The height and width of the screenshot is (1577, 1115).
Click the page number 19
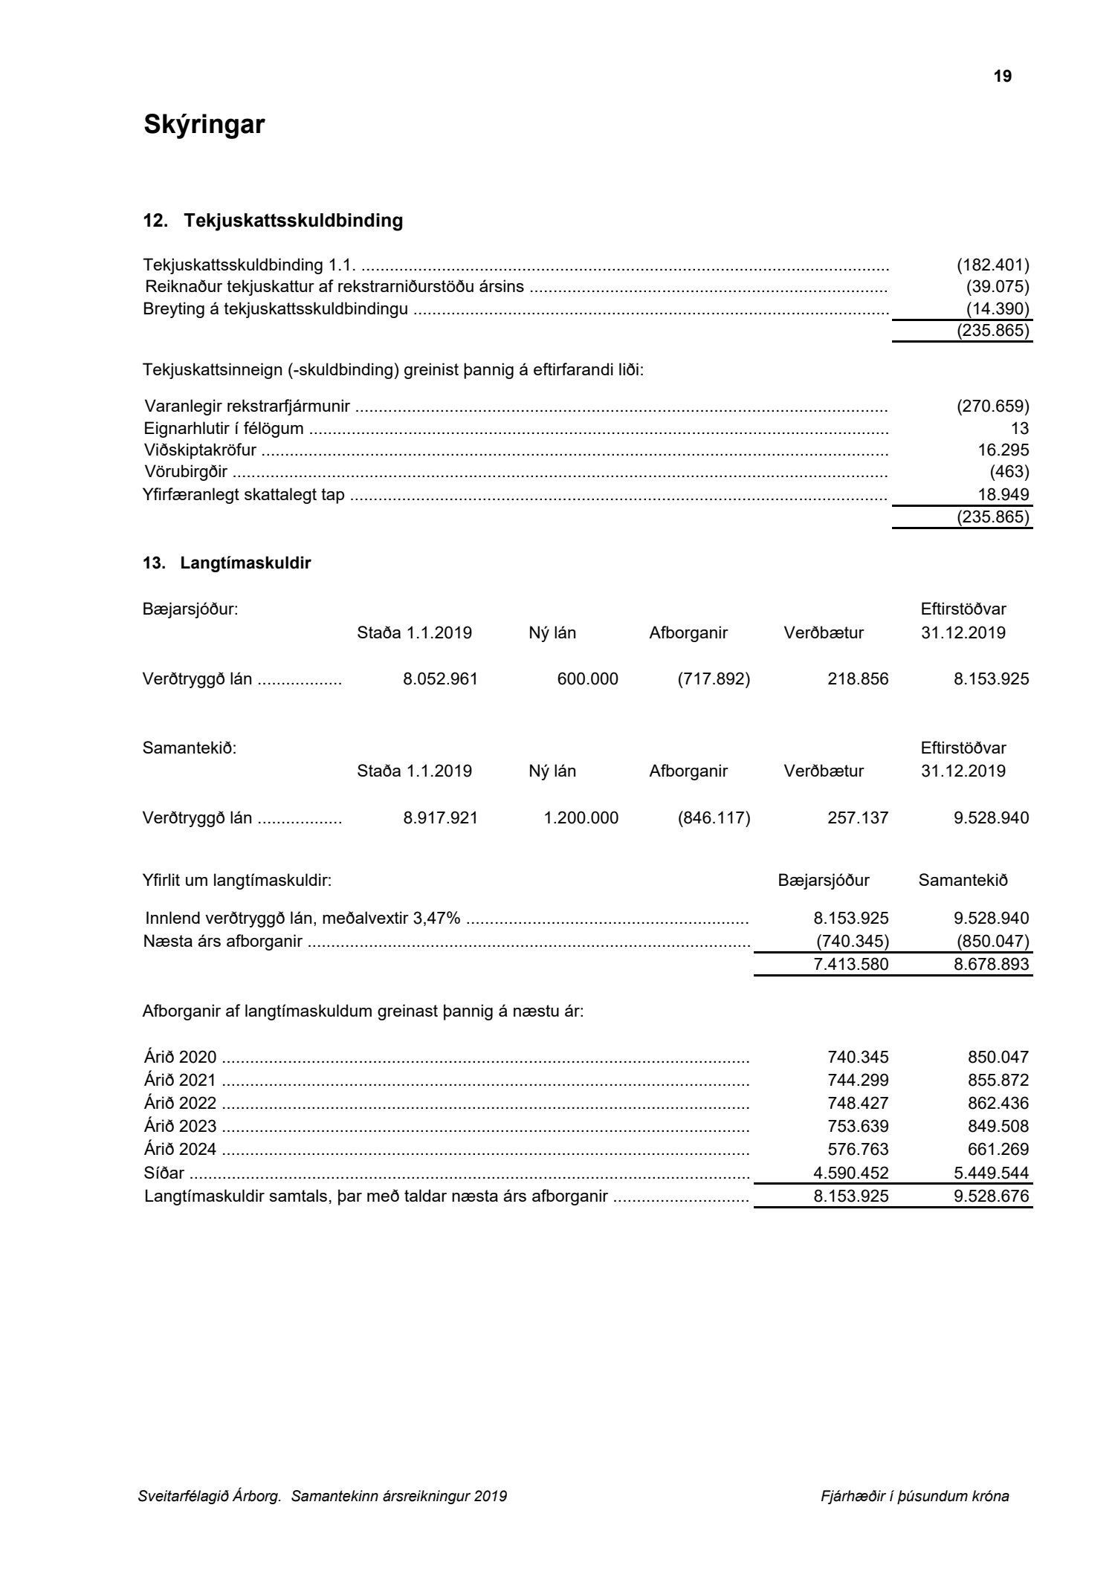click(1002, 77)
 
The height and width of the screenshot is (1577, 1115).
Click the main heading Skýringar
click(204, 124)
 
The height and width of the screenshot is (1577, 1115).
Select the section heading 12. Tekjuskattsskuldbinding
click(273, 221)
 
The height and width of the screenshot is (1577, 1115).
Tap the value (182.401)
click(992, 265)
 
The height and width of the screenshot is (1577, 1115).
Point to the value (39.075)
click(997, 287)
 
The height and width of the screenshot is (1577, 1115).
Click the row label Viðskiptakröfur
click(200, 450)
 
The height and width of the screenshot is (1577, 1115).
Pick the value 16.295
click(1003, 450)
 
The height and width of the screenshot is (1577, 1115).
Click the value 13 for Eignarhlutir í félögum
click(1020, 428)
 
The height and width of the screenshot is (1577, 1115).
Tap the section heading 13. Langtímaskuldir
click(227, 563)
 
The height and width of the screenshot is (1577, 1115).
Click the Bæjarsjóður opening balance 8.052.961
click(440, 679)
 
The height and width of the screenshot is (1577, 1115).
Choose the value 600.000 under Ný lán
click(587, 679)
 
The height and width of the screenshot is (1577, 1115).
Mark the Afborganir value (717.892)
click(714, 679)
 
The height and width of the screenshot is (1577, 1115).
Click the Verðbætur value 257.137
click(858, 818)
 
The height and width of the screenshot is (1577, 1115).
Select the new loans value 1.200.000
click(581, 818)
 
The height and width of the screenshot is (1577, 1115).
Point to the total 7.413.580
click(850, 965)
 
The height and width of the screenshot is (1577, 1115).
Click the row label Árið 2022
click(180, 1104)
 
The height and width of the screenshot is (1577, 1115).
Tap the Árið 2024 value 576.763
click(858, 1150)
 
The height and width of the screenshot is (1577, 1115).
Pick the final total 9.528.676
click(992, 1196)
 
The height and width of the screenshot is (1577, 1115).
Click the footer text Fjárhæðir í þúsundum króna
click(914, 1497)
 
